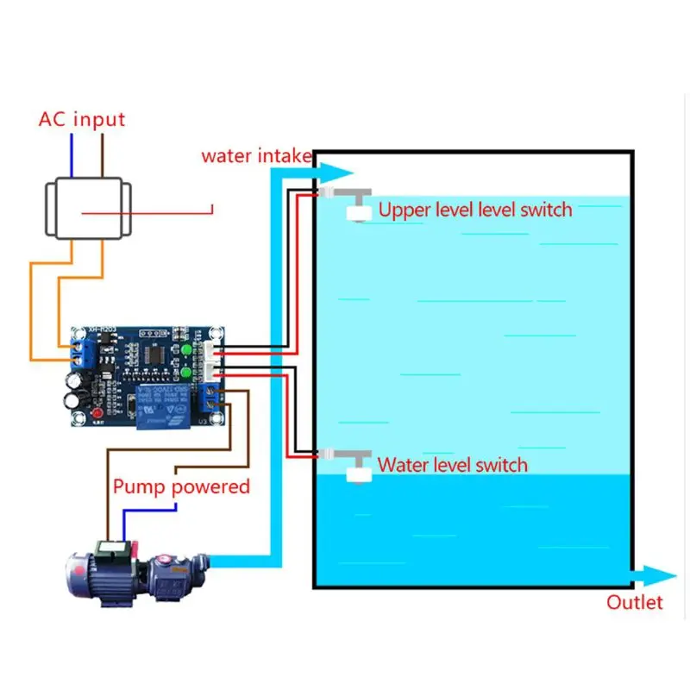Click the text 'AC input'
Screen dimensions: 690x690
pyautogui.click(x=82, y=119)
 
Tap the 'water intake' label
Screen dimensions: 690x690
pyautogui.click(x=255, y=156)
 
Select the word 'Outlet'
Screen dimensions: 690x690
pyautogui.click(x=635, y=602)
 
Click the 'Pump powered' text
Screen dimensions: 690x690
pyautogui.click(x=181, y=486)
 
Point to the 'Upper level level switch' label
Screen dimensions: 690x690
pyautogui.click(x=475, y=210)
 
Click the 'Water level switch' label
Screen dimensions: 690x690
pyautogui.click(x=453, y=466)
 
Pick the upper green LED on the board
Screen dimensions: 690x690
pyautogui.click(x=186, y=350)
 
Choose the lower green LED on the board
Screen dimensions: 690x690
pyautogui.click(x=186, y=373)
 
